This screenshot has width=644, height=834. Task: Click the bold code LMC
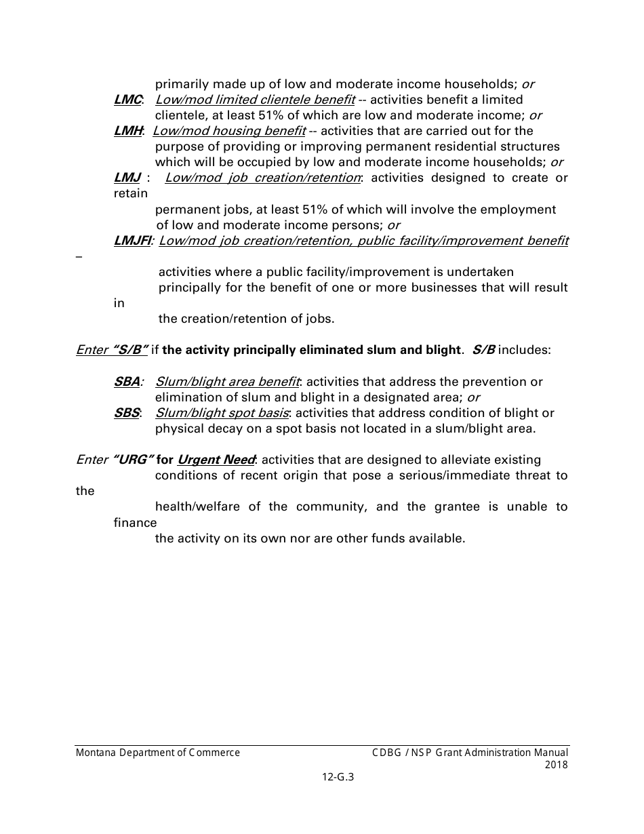pyautogui.click(x=127, y=100)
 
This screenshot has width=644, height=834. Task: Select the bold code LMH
pyautogui.click(x=128, y=131)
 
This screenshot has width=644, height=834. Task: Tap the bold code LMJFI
pyautogui.click(x=133, y=241)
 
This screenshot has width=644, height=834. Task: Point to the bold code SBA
pyautogui.click(x=127, y=382)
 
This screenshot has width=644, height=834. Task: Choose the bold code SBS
pyautogui.click(x=127, y=413)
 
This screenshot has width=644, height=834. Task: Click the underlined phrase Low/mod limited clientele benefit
pyautogui.click(x=255, y=100)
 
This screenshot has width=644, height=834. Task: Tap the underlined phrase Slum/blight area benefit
pyautogui.click(x=228, y=382)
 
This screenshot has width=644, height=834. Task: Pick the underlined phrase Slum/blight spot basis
pyautogui.click(x=222, y=413)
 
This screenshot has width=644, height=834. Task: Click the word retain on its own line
pyautogui.click(x=130, y=194)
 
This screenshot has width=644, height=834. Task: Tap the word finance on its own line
pyautogui.click(x=135, y=523)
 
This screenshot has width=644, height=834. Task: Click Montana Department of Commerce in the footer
pyautogui.click(x=158, y=753)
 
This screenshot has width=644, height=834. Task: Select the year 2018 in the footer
pyautogui.click(x=557, y=765)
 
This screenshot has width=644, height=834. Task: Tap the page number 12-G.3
pyautogui.click(x=338, y=778)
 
